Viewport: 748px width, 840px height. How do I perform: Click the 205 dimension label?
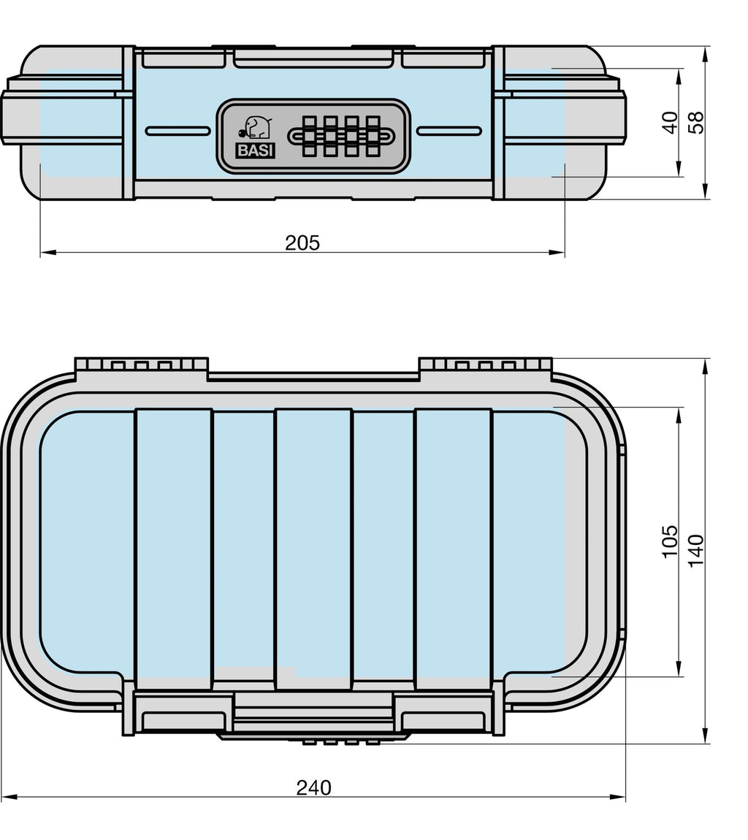pyautogui.click(x=302, y=243)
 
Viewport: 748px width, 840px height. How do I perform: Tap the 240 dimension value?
pyautogui.click(x=313, y=787)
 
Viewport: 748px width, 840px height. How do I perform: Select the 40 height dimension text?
pyautogui.click(x=670, y=123)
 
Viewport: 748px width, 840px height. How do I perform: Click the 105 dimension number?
pyautogui.click(x=670, y=541)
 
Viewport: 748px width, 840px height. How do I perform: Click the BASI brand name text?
pyautogui.click(x=256, y=151)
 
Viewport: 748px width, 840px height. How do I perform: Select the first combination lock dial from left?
pyautogui.click(x=309, y=136)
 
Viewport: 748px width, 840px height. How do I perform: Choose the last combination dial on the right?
pyautogui.click(x=373, y=136)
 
